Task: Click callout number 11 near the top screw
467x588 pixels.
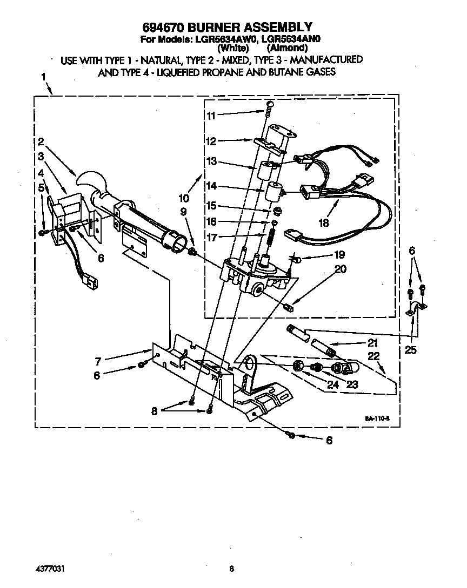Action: coord(210,115)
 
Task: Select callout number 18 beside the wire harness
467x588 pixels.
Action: coord(324,221)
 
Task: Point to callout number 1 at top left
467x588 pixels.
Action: coord(43,77)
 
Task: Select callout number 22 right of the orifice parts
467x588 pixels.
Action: coord(375,356)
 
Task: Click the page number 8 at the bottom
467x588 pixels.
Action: coord(231,568)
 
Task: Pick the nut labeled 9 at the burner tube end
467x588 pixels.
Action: coord(193,252)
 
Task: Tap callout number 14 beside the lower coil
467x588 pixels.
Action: coord(210,185)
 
